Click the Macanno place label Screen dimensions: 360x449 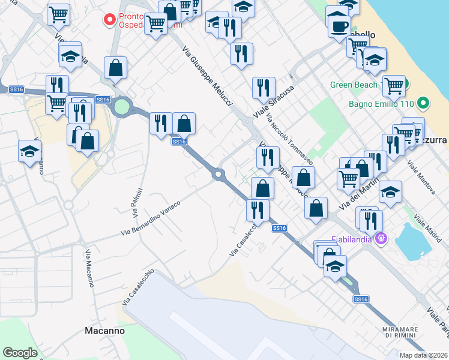(104, 331)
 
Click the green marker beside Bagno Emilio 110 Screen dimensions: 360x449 (424, 103)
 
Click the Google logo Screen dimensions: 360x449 (20, 353)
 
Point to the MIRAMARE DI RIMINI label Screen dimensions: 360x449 (402, 331)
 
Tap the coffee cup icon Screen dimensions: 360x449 (339, 26)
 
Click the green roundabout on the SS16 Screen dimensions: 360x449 (122, 107)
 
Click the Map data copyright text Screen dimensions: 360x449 (423, 355)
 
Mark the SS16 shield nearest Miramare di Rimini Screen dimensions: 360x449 (360, 299)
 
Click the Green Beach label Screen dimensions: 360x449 (354, 85)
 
